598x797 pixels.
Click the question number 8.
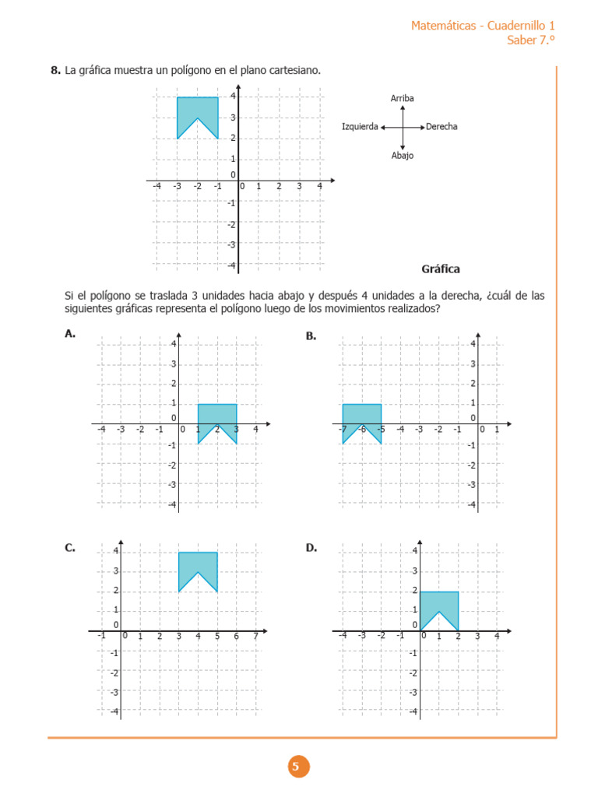tap(55, 71)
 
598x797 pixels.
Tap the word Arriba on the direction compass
tap(402, 98)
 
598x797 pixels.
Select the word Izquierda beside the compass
tap(360, 127)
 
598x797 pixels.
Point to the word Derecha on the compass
tap(441, 127)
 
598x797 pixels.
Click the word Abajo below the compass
tap(403, 156)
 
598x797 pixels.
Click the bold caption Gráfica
tap(441, 269)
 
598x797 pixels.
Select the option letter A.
tap(70, 334)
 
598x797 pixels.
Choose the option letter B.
tap(311, 335)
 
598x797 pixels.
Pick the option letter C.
tap(70, 548)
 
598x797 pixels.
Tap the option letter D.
tap(311, 548)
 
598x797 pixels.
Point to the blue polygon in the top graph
tap(197, 109)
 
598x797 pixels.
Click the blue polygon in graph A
tap(217, 415)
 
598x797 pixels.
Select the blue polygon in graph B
tap(362, 415)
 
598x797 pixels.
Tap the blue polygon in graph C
tap(198, 564)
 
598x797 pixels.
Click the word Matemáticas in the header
tap(443, 26)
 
